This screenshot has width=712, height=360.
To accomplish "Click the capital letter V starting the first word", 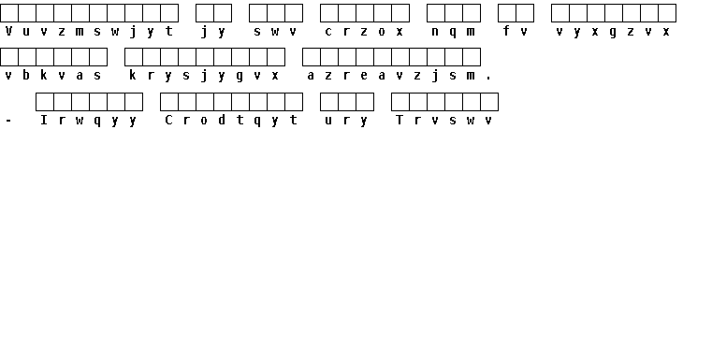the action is pyautogui.click(x=8, y=31).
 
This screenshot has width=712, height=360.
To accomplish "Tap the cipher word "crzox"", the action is pyautogui.click(x=364, y=31).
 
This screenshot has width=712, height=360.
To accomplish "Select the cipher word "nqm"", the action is pyautogui.click(x=453, y=31).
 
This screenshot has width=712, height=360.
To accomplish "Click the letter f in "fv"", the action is pyautogui.click(x=506, y=31).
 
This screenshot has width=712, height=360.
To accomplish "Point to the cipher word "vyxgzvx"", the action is pyautogui.click(x=613, y=31).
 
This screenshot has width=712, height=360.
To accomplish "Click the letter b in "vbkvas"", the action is pyautogui.click(x=26, y=75).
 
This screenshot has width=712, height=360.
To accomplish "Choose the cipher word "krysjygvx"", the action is pyautogui.click(x=203, y=76).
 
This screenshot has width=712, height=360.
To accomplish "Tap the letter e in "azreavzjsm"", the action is pyautogui.click(x=364, y=76).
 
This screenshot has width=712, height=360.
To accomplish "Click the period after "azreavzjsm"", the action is pyautogui.click(x=488, y=79).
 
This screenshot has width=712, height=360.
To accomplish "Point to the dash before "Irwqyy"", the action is pyautogui.click(x=8, y=121).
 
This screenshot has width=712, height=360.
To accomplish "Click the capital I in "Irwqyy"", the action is pyautogui.click(x=44, y=120).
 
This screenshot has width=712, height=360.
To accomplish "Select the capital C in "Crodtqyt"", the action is pyautogui.click(x=168, y=120).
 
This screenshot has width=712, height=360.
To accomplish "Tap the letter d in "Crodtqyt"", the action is pyautogui.click(x=222, y=120).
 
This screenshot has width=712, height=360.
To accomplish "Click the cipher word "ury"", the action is pyautogui.click(x=346, y=121).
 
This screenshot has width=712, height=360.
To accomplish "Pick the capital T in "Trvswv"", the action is pyautogui.click(x=400, y=120).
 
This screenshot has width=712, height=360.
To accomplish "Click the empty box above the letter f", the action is pyautogui.click(x=507, y=13).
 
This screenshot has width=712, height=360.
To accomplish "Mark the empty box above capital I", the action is pyautogui.click(x=45, y=102).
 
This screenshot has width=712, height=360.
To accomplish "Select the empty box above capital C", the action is pyautogui.click(x=169, y=102).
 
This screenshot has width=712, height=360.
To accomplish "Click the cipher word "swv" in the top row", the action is pyautogui.click(x=275, y=31).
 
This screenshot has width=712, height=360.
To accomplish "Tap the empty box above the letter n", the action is pyautogui.click(x=435, y=13).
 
